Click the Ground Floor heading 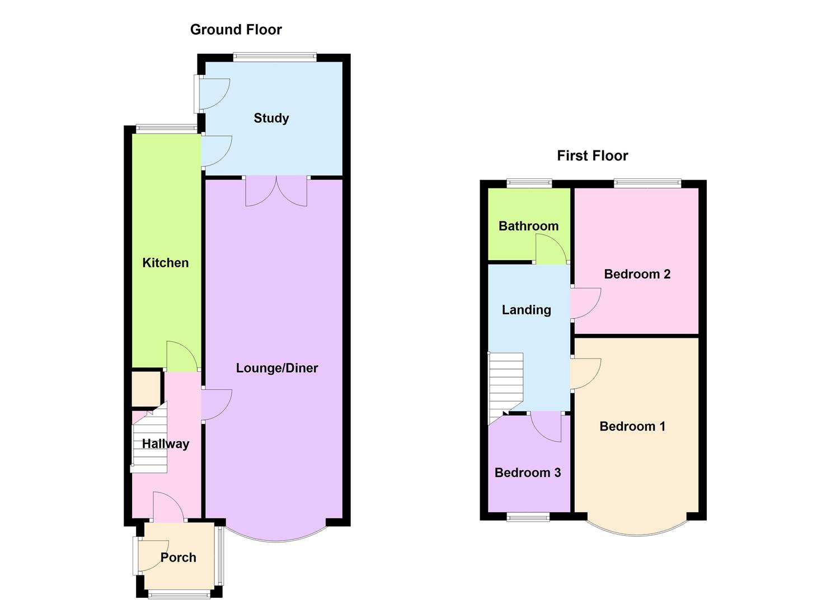236,30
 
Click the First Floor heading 592,155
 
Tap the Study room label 271,118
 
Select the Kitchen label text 165,263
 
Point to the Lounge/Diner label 277,368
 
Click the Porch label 178,558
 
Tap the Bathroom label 528,226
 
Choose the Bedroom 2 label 637,274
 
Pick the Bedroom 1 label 632,427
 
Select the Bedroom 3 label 528,473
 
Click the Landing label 526,310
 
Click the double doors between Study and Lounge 276,191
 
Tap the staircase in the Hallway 150,442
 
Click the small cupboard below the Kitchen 145,389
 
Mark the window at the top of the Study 275,56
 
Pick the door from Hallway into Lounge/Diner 215,404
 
